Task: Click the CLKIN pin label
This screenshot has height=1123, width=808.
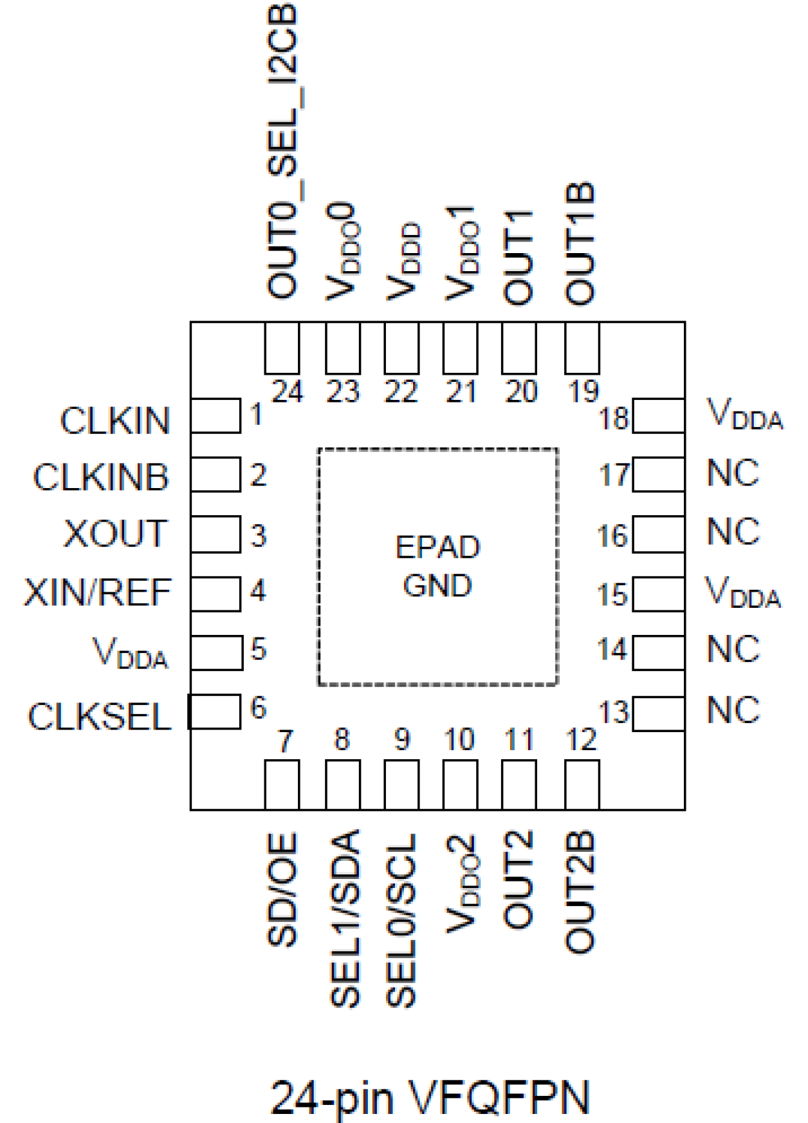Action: [115, 421]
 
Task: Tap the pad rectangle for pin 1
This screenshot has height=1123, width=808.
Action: [216, 415]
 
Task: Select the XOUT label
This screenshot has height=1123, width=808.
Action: [115, 534]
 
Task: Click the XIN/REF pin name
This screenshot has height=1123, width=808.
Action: [98, 592]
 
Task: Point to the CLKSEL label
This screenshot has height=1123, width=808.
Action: [99, 717]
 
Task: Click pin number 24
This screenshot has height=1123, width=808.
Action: [287, 392]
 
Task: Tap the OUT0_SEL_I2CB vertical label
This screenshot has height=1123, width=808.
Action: [282, 151]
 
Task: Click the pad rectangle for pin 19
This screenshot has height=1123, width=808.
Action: [582, 348]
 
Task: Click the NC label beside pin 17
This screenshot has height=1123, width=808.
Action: [733, 473]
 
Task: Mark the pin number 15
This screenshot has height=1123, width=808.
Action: [612, 595]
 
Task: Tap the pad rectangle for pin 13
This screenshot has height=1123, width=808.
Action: [658, 713]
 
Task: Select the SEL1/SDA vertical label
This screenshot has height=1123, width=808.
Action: [344, 918]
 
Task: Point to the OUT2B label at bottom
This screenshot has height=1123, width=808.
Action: [580, 892]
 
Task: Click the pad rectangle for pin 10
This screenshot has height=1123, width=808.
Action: [460, 784]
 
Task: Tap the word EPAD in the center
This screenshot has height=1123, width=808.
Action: [437, 548]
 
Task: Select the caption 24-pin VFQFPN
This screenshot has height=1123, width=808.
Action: [430, 1096]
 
